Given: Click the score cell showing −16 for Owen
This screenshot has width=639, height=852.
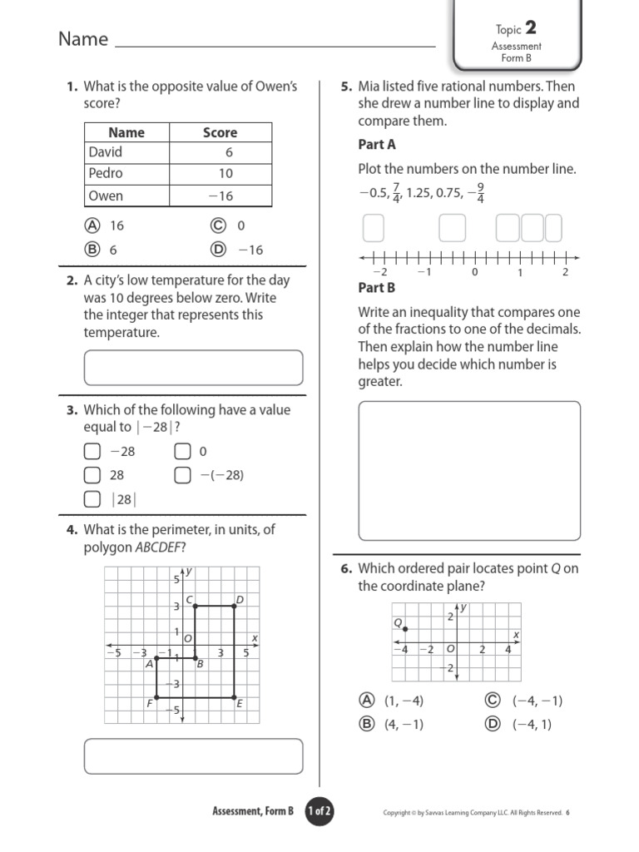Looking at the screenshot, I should (x=220, y=196).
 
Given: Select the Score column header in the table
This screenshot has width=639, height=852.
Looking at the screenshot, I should (x=220, y=132).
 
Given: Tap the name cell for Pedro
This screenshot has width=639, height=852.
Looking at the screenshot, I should (x=106, y=173).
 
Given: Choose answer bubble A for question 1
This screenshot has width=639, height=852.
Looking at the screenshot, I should (x=92, y=225).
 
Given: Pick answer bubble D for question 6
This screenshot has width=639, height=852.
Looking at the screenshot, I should (x=493, y=724).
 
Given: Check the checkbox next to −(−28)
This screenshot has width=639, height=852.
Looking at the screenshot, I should (x=182, y=475).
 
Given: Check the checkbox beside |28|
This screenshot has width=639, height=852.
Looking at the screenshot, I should (x=92, y=499).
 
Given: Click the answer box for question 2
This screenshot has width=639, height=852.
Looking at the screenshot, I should (x=193, y=368).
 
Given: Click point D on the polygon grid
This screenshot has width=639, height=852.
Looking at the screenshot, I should (x=234, y=607).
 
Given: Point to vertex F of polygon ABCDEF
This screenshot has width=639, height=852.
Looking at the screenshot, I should (x=157, y=697).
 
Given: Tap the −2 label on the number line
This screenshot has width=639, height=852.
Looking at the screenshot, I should (x=379, y=272).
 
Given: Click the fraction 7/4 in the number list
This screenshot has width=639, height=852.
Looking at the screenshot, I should (x=397, y=193).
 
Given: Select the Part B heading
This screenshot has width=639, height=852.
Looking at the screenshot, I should (x=376, y=288).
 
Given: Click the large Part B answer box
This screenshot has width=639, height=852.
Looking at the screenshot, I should (x=468, y=470).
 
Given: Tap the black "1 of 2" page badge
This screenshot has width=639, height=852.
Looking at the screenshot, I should (x=319, y=812).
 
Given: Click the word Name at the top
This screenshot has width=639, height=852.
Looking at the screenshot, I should (x=83, y=39).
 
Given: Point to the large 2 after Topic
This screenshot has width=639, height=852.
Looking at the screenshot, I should (x=530, y=29).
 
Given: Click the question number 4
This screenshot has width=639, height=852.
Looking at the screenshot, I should (x=72, y=529).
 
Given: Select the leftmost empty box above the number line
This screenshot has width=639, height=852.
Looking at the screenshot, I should (x=374, y=228).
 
